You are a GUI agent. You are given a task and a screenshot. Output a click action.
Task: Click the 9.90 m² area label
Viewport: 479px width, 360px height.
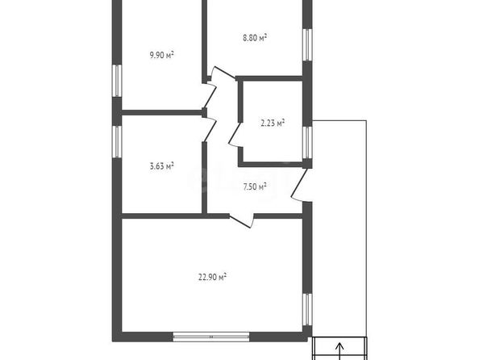tap(161, 55)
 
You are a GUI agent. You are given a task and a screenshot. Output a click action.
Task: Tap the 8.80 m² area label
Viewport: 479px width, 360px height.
tap(255, 38)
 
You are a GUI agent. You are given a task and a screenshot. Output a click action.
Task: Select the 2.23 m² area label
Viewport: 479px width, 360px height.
tap(273, 123)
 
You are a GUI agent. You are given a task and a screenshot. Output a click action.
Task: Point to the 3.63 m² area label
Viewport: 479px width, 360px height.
tap(161, 166)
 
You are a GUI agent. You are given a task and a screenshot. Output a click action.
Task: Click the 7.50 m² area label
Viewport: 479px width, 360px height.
tap(255, 186)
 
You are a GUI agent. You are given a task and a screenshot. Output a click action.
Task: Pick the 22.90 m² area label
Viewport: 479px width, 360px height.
tap(212, 277)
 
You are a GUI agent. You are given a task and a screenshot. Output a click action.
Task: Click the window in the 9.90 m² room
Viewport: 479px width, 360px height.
tap(117, 81)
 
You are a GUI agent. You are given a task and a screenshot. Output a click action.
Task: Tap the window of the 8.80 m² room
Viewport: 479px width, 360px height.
tap(307, 45)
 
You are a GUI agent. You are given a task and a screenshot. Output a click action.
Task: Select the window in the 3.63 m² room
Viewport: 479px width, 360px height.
tap(117, 141)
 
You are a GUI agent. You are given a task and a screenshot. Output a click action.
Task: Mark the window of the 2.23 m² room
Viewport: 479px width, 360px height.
tap(307, 143)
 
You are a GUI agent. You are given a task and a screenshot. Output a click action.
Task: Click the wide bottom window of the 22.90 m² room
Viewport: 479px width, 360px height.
tap(211, 337)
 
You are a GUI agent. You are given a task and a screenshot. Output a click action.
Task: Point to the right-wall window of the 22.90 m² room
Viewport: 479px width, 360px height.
tap(307, 309)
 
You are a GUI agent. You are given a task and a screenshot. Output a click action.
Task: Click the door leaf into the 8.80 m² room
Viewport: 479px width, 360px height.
tap(224, 72)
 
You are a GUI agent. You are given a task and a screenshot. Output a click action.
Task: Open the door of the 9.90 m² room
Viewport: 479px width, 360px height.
tap(210, 96)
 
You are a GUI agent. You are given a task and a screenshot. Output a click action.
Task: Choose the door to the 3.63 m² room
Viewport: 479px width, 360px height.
tap(210, 130)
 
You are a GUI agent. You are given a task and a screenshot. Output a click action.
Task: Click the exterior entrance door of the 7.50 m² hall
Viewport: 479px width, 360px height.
tap(299, 184)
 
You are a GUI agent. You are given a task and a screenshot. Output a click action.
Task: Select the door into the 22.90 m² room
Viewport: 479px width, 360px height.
tap(240, 221)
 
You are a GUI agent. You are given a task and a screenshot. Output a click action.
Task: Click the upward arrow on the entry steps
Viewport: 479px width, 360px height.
tap(339, 351)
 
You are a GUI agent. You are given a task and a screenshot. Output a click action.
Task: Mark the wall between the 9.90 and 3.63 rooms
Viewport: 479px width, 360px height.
tap(162, 112)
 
